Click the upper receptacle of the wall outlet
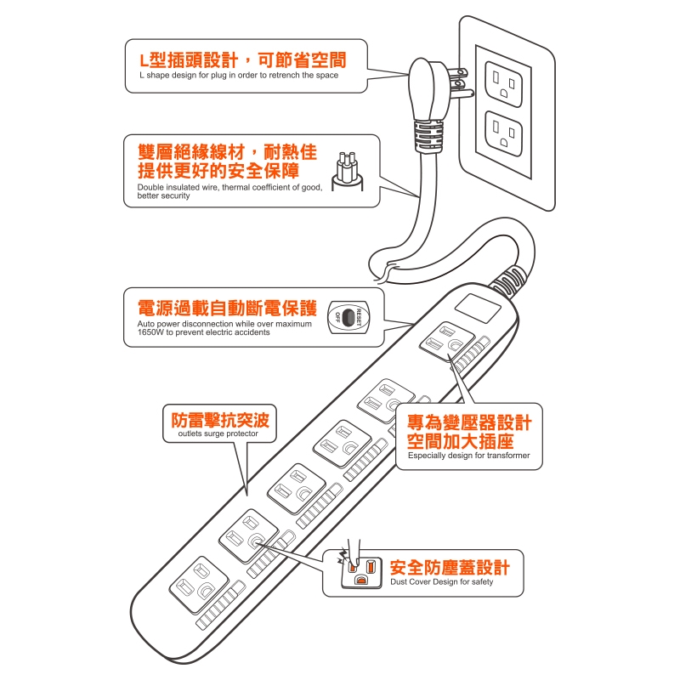pos(503,84)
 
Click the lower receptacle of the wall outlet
pos(503,133)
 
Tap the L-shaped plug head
pos(422,89)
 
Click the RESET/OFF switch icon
pos(348,317)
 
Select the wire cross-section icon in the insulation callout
pos(348,172)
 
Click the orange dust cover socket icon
pos(360,571)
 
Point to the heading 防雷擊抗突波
pos(220,419)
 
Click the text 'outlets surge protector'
pos(218,433)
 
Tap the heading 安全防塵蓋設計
pos(450,567)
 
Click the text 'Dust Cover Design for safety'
pos(441,582)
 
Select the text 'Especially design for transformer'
pos(469,456)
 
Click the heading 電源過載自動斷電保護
pos(227,308)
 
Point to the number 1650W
pos(150,332)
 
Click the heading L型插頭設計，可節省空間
pos(243,59)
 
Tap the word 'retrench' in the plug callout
pos(284,75)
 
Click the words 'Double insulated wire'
pos(178,187)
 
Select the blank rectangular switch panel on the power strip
pos(478,308)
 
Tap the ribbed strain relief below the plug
pos(429,135)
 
